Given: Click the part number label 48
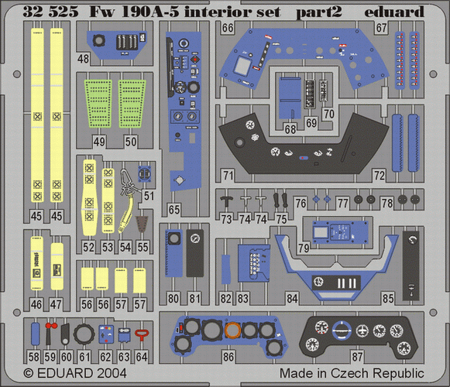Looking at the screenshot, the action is pos(83,59).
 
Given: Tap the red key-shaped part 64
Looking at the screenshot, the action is pos(142,335).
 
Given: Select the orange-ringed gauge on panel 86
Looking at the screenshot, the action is pos(232,330).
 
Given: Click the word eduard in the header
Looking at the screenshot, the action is pos(394,12).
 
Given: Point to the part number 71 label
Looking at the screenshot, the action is pos(228,175).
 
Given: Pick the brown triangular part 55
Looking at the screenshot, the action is pos(142,224).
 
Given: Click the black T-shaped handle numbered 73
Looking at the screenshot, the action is pos(227,200).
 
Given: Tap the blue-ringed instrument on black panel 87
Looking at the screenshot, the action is pos(342,330).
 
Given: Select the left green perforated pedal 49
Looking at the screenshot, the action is pos(98,104).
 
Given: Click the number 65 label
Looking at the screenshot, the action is pos(174,210).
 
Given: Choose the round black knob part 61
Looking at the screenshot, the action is pos(84,334).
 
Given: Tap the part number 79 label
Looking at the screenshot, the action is pos(304,248).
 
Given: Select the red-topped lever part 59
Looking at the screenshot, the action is pos(50,333).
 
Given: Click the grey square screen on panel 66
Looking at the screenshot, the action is pos(242,66).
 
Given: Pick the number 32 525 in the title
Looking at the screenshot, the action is pos(50,12).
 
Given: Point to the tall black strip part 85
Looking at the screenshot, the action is pos(412,265).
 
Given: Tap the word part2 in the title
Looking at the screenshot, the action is pos(319,12).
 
